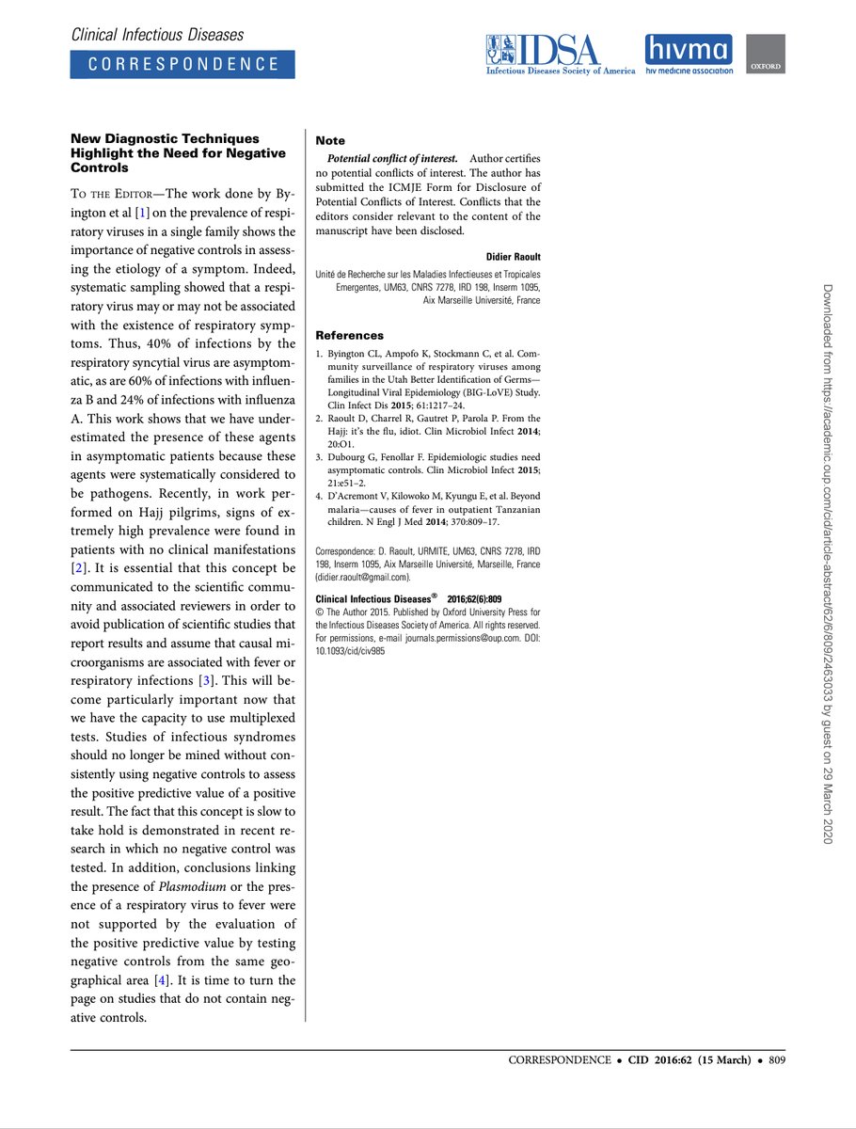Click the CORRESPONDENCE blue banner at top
tap(182, 64)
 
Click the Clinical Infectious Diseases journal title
tap(157, 35)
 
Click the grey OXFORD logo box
tap(766, 55)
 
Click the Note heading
tap(330, 140)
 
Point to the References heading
tap(349, 335)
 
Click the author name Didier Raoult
tap(513, 257)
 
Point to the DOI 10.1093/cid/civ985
tap(349, 648)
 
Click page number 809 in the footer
tap(776, 1059)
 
